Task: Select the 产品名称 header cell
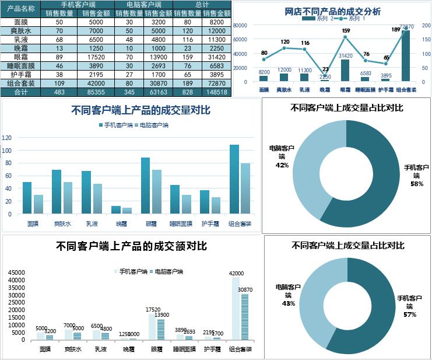pyautogui.click(x=21, y=9)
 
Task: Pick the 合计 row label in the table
pyautogui.click(x=21, y=92)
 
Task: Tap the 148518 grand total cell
pyautogui.click(x=217, y=92)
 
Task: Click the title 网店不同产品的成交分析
pyautogui.click(x=333, y=11)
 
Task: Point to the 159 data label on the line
pyautogui.click(x=346, y=31)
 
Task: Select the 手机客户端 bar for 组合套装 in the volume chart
pyautogui.click(x=234, y=178)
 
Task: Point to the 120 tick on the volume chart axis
pyautogui.click(x=8, y=138)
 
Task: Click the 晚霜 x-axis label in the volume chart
pyautogui.click(x=121, y=223)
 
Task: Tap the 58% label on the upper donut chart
pyautogui.click(x=417, y=184)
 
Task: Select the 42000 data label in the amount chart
pyautogui.click(x=236, y=273)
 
